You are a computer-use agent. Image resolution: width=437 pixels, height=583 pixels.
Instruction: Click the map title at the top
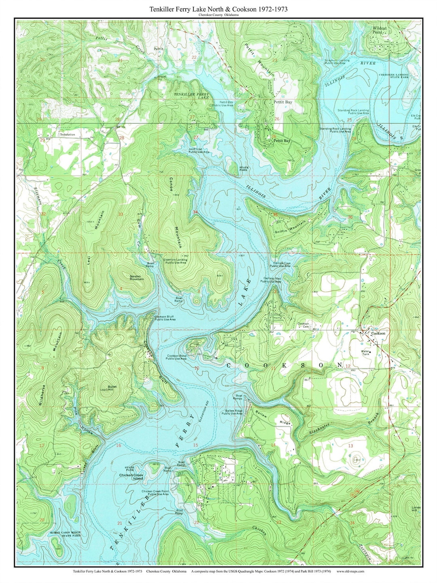point(218,9)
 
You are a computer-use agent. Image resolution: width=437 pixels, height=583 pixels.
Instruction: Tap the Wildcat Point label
point(380,30)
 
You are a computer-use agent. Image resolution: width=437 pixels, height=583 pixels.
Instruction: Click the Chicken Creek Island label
point(131,477)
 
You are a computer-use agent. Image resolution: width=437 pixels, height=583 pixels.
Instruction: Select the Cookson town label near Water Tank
point(378,333)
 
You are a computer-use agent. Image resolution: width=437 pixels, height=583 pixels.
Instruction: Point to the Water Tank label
point(365,353)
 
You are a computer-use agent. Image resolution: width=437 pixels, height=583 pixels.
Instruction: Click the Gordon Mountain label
point(136,278)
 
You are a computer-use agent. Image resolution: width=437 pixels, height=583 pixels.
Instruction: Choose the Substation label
point(67,134)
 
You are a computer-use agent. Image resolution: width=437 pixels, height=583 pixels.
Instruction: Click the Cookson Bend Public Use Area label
point(176,357)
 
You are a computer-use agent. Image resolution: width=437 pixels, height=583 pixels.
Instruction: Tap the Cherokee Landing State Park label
point(394,76)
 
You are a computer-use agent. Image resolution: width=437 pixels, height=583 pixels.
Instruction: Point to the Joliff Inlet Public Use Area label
point(199,151)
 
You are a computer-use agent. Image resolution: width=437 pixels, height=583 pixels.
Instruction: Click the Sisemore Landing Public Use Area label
point(176,261)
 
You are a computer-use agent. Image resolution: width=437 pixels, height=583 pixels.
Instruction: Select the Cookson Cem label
point(303,325)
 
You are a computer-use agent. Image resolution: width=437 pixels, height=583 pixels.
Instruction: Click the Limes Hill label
point(416,509)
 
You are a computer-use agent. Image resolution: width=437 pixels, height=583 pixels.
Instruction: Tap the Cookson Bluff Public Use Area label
point(165,318)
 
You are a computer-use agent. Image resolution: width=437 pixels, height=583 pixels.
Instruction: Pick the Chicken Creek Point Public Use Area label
point(155,493)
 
